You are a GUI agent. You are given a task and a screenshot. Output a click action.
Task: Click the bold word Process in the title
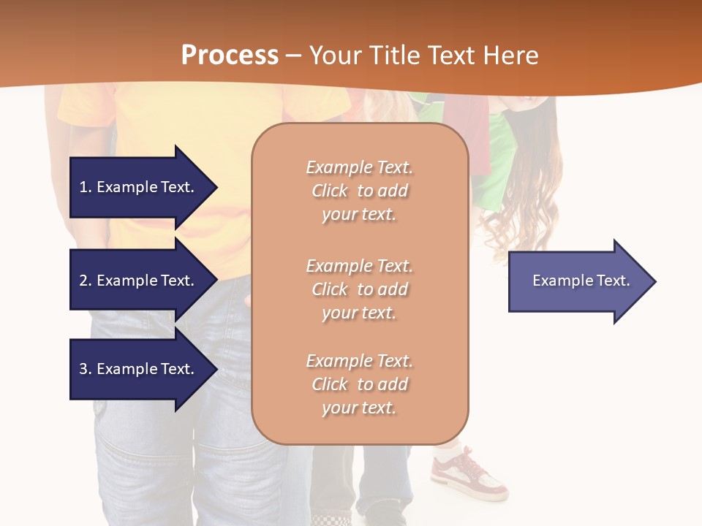click(230, 56)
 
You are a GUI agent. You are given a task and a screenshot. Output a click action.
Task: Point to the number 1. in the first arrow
click(86, 187)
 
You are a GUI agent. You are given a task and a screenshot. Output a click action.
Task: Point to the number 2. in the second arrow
click(86, 281)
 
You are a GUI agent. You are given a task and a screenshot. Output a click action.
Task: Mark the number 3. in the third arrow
click(86, 369)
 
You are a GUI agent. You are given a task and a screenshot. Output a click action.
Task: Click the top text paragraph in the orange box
click(359, 191)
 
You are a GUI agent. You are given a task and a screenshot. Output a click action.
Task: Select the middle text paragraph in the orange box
click(359, 289)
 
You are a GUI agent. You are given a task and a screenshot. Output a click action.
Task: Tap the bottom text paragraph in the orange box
click(359, 384)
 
